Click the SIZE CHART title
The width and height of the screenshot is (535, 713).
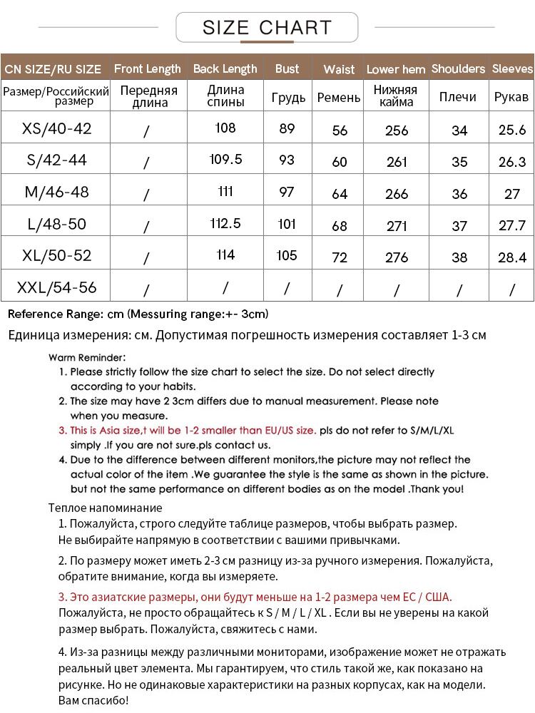coord(267,28)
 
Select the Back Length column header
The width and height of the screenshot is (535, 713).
coord(225,69)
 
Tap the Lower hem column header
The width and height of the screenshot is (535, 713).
coord(396,70)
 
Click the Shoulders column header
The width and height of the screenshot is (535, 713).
coord(458,69)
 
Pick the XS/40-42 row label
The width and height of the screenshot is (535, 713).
coord(57,129)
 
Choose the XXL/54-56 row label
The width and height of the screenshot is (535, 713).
coord(57,288)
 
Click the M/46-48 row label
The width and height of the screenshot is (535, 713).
coord(57,193)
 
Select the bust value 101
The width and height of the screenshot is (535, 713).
coord(287,224)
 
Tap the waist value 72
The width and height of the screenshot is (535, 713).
coord(340,257)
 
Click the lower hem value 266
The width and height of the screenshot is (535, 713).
coord(397,194)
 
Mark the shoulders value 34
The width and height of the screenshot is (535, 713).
coord(459,130)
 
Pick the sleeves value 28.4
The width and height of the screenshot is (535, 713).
coord(511,257)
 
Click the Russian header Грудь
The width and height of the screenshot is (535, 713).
coord(288,98)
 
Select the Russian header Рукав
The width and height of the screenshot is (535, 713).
coord(511,97)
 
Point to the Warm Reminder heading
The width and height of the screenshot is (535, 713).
coord(87,357)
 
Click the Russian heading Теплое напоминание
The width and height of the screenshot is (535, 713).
coord(105,508)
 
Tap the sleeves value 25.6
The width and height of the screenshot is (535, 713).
coord(511,130)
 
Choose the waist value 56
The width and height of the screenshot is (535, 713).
coord(340,130)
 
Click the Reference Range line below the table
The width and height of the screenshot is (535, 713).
coord(138,314)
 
